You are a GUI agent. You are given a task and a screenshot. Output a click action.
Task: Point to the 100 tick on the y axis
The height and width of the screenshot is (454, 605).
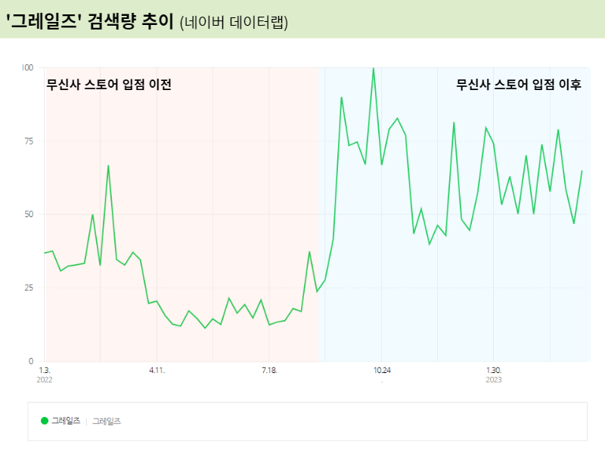(28, 68)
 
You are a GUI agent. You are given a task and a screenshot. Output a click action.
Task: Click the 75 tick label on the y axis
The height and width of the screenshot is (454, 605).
(29, 141)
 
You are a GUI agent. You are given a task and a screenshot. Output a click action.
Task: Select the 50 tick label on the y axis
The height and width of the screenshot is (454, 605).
(29, 214)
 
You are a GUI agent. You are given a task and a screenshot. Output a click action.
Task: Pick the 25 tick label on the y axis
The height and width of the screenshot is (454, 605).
(29, 288)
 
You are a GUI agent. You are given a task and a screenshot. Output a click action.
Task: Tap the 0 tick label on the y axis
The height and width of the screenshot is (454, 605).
(31, 361)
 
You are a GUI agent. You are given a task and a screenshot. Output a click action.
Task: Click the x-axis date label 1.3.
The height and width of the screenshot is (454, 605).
(44, 371)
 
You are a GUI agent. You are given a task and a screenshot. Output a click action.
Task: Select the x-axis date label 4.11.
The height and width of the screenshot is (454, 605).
(157, 371)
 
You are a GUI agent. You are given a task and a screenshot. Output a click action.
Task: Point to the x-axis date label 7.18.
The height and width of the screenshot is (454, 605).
(269, 371)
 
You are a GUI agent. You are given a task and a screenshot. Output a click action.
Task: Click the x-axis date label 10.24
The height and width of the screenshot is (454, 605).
(381, 371)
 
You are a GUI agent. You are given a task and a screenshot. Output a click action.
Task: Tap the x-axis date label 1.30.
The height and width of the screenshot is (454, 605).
(493, 371)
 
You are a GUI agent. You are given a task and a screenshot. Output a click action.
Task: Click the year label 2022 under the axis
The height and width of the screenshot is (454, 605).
(45, 380)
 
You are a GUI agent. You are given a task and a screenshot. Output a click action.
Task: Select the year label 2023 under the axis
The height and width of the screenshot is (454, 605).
(493, 380)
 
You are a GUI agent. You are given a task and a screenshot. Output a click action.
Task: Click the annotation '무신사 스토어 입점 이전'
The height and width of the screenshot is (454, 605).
(109, 85)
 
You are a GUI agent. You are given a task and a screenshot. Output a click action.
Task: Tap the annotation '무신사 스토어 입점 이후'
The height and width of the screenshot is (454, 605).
(519, 85)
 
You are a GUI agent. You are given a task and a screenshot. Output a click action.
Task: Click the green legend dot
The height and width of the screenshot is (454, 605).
(45, 421)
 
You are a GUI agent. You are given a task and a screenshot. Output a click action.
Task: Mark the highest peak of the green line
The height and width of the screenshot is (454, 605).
(373, 68)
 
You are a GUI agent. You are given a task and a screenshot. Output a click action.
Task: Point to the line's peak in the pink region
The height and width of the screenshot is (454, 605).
(108, 166)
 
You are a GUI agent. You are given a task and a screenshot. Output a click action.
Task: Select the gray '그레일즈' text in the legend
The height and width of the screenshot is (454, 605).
(107, 421)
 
